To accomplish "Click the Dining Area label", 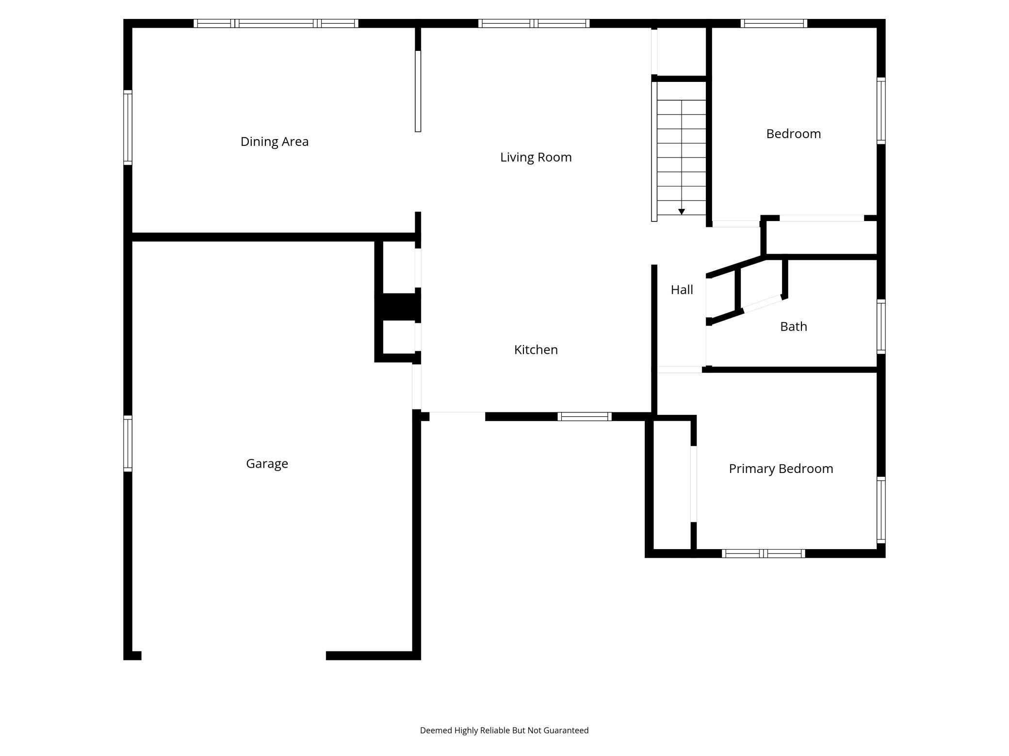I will click(x=275, y=142).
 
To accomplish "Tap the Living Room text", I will click(x=536, y=157).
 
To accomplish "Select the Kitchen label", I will click(x=536, y=349).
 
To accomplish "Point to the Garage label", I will click(x=267, y=463).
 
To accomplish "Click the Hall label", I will click(x=682, y=290).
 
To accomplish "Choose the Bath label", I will click(x=793, y=327).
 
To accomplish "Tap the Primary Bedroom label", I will click(x=781, y=469).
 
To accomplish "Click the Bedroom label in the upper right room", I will click(x=793, y=134).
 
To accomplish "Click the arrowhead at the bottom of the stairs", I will click(x=681, y=212).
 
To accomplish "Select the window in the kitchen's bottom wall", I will click(x=584, y=416).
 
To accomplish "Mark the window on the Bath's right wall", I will click(x=881, y=326).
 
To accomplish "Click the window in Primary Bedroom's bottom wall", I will click(x=763, y=553).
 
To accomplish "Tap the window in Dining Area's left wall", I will click(x=128, y=127).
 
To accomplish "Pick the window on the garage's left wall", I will click(x=128, y=443).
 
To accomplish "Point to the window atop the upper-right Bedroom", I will click(x=774, y=23).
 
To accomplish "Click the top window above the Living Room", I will click(x=534, y=23).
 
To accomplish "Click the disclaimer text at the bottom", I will click(x=504, y=730).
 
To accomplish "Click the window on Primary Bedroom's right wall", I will click(x=881, y=509).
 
